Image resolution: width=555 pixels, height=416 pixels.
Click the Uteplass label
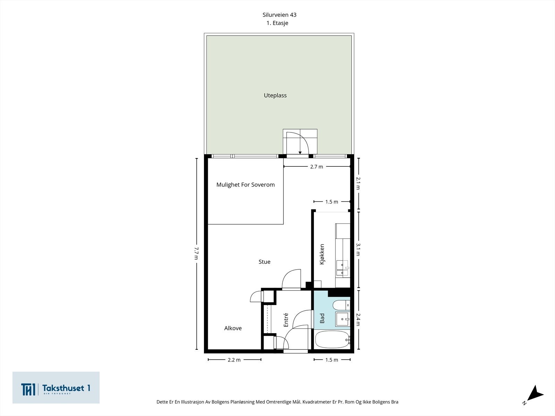tap(275, 95)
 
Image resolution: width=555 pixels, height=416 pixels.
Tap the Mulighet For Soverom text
tap(245, 185)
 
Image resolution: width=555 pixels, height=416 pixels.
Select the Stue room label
tap(264, 262)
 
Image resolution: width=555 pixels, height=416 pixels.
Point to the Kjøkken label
tap(322, 254)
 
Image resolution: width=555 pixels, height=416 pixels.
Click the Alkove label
tap(233, 328)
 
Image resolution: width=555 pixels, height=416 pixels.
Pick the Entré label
tap(286, 320)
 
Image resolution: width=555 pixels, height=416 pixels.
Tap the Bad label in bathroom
tap(322, 318)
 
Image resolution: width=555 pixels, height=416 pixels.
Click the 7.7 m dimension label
tap(196, 253)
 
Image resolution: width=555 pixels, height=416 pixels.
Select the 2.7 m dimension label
tap(316, 167)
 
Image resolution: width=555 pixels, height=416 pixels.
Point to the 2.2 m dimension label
tap(234, 360)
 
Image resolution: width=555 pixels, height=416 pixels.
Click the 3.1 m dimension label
tap(358, 249)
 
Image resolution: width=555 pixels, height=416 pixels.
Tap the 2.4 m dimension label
tap(358, 320)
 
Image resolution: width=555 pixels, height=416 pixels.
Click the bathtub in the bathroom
tap(332, 340)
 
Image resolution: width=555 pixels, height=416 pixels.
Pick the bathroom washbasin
tap(342, 319)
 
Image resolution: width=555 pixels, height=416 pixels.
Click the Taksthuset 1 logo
tap(56, 388)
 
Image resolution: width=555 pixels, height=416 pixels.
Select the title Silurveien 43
tap(279, 15)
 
